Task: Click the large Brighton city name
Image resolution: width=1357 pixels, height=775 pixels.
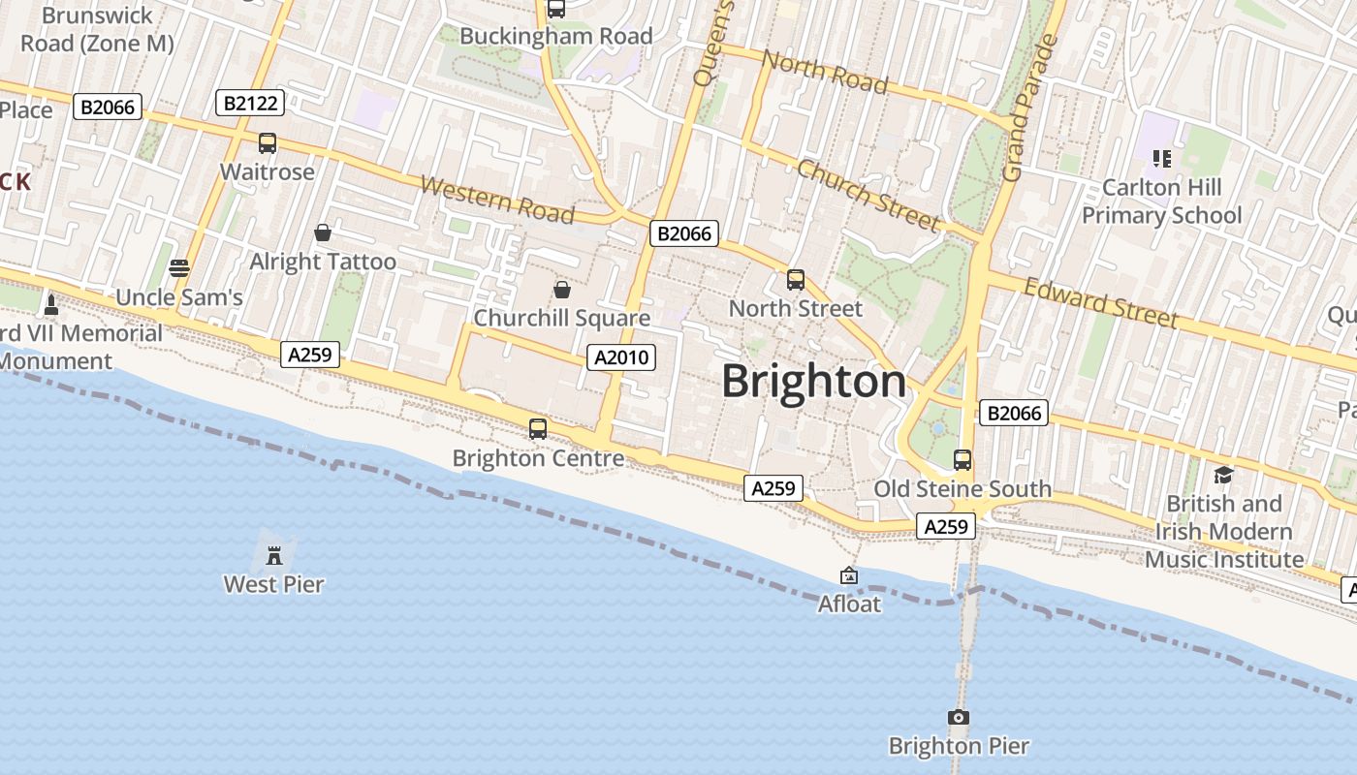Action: (x=814, y=381)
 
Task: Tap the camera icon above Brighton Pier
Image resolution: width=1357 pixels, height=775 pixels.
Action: (x=958, y=718)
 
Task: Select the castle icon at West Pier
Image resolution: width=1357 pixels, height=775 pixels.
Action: (x=274, y=555)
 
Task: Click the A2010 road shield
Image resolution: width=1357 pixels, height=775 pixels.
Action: (x=621, y=357)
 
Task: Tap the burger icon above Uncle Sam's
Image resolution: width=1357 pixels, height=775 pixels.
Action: (x=179, y=268)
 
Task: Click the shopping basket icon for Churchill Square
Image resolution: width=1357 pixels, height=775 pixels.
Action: (x=561, y=290)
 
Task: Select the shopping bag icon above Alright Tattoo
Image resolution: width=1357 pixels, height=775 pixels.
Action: (x=323, y=232)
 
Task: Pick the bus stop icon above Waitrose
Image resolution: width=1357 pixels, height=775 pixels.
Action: (x=268, y=143)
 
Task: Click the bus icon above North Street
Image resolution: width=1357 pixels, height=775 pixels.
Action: (x=796, y=280)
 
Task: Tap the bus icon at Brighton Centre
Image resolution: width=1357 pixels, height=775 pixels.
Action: (x=538, y=428)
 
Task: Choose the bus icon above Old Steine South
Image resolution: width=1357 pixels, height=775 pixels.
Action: (x=963, y=460)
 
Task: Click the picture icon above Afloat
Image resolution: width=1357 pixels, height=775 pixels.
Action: (x=849, y=575)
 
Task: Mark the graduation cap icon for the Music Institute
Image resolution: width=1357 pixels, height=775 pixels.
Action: (x=1223, y=475)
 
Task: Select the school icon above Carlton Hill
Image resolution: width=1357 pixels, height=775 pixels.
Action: (x=1161, y=158)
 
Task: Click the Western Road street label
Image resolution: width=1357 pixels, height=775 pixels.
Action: (x=497, y=200)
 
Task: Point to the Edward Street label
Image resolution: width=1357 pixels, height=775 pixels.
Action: (x=1101, y=303)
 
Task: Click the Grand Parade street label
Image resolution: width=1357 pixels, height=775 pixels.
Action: (x=1028, y=108)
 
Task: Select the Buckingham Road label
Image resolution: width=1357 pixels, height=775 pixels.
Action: (x=555, y=36)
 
